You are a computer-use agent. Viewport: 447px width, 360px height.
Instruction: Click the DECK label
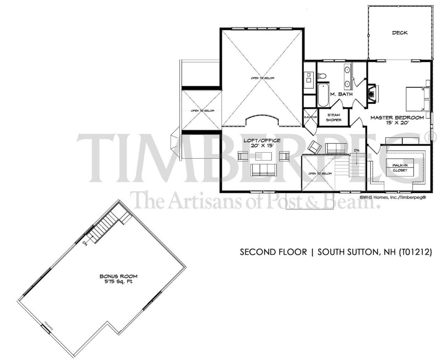(400, 33)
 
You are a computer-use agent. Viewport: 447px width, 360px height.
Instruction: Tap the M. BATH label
(341, 94)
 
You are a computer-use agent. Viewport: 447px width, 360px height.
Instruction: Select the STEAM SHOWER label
(334, 117)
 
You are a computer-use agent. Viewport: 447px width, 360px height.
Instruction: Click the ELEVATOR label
(310, 117)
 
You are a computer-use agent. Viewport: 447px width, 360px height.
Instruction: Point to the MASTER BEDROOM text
(397, 118)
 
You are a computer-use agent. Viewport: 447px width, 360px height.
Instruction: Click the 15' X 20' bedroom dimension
(397, 123)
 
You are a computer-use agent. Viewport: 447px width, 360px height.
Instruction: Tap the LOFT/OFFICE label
(262, 141)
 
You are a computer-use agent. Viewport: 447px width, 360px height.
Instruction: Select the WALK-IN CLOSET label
(400, 168)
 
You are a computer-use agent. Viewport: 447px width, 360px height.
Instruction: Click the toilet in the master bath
(322, 75)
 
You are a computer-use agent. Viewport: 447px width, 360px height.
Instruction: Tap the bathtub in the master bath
(323, 95)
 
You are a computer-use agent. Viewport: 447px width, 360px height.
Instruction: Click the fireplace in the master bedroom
(373, 93)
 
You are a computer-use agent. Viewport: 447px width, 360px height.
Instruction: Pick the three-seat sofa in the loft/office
(263, 170)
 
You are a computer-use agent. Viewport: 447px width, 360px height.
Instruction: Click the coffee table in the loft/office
(264, 156)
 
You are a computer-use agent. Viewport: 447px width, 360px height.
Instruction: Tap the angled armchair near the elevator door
(315, 147)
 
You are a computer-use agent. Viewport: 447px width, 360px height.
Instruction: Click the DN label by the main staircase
(357, 150)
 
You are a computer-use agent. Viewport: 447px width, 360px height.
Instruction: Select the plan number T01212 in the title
(415, 252)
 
